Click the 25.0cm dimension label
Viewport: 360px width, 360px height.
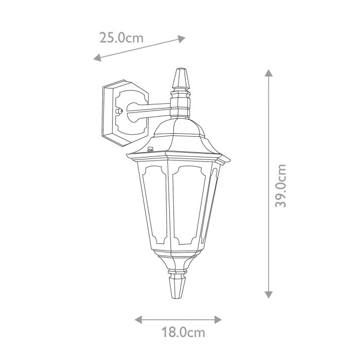[121, 38]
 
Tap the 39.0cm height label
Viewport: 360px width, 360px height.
[280, 186]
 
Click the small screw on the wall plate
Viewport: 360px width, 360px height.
[119, 111]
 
